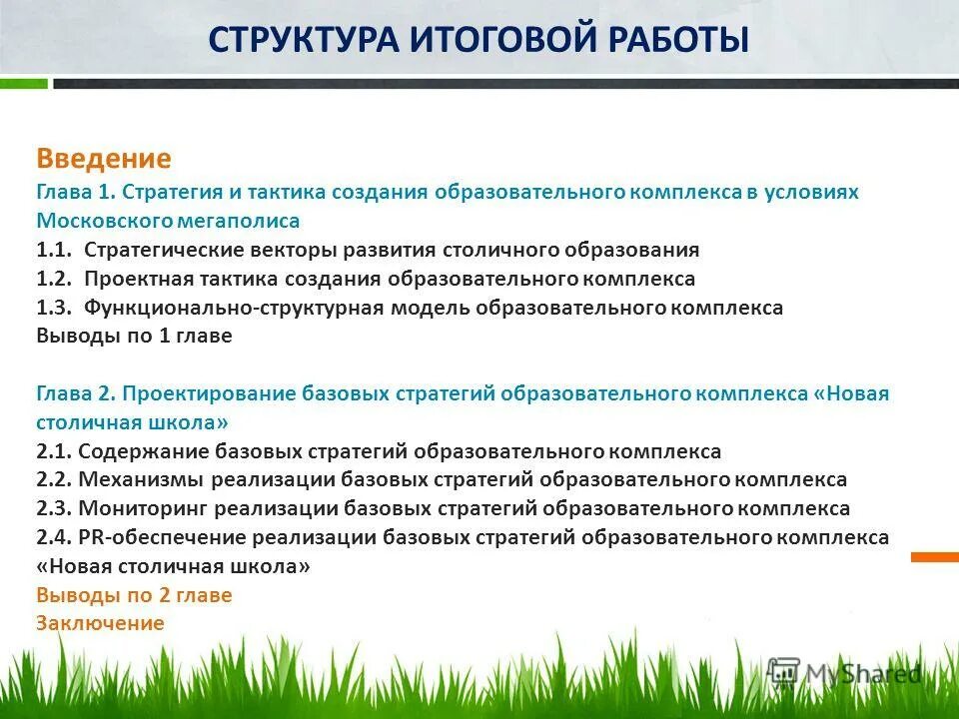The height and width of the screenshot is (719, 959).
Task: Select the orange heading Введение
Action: tap(104, 159)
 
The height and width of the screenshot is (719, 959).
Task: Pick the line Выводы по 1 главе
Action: tap(134, 337)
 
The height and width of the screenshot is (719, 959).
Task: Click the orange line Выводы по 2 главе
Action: tap(134, 596)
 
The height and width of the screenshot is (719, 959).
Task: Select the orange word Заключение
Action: tap(100, 624)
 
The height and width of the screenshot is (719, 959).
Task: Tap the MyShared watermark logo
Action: tap(845, 672)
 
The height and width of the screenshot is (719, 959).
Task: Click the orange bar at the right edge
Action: tap(935, 556)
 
